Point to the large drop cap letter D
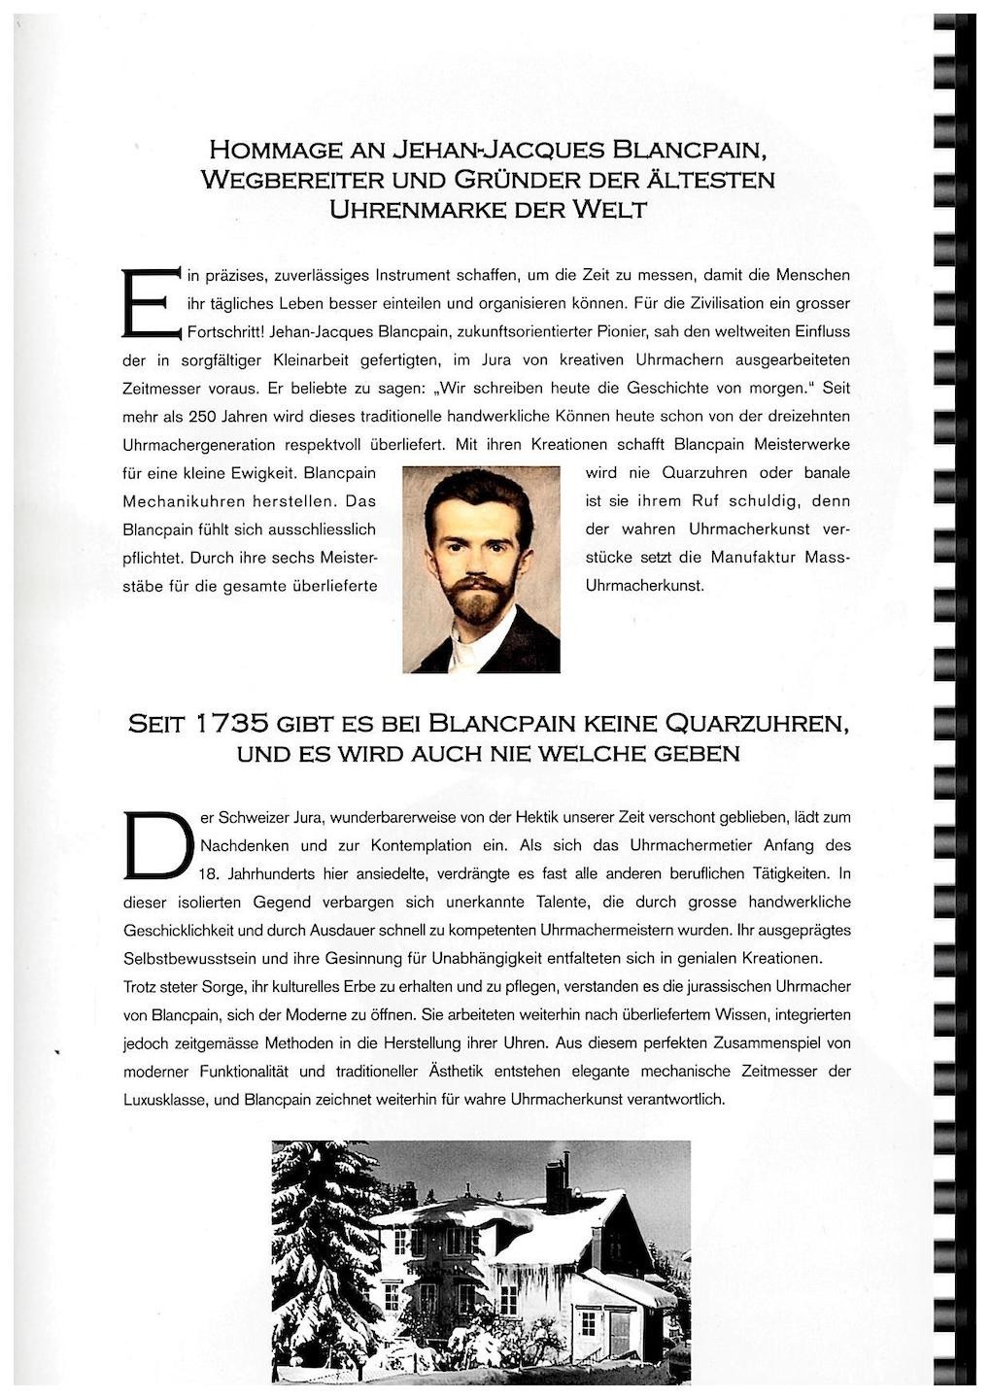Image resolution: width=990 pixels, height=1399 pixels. click(158, 843)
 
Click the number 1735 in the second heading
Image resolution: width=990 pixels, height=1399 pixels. click(231, 725)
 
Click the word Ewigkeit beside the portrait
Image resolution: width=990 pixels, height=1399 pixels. click(265, 473)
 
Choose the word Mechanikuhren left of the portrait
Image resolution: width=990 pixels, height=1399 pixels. click(179, 501)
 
